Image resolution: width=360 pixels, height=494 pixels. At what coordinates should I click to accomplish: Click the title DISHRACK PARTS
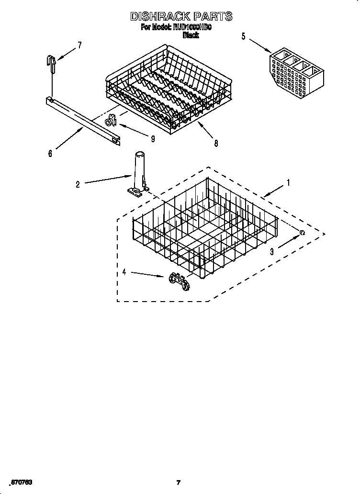181,17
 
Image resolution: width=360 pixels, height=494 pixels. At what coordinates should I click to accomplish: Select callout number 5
243,36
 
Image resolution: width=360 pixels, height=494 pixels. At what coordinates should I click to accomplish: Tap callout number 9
152,139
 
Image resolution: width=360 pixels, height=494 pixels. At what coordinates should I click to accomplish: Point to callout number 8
216,143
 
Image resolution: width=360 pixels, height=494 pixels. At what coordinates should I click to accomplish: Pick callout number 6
50,153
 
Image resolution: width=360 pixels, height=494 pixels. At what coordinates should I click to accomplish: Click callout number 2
78,184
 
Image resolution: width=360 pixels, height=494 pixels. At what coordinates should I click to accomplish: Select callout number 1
288,182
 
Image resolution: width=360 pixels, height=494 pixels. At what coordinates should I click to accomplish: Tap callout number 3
271,251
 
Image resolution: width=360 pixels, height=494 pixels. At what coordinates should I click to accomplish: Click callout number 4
124,272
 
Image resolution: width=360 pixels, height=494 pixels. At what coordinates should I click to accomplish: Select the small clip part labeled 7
51,61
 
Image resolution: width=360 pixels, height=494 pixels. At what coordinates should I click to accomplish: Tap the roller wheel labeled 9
111,121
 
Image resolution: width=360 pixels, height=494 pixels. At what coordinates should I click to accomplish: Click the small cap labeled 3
302,233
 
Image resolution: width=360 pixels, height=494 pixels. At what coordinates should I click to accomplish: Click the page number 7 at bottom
178,483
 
